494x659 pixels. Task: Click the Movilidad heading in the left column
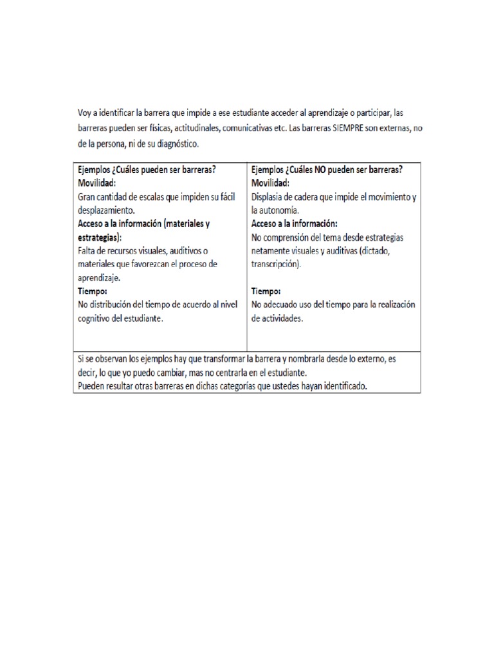pyautogui.click(x=97, y=183)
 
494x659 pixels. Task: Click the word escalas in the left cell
pyautogui.click(x=147, y=197)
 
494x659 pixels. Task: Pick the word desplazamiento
pyautogui.click(x=106, y=210)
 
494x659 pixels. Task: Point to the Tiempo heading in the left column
pyautogui.click(x=93, y=291)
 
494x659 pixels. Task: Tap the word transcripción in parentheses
pyautogui.click(x=276, y=265)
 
